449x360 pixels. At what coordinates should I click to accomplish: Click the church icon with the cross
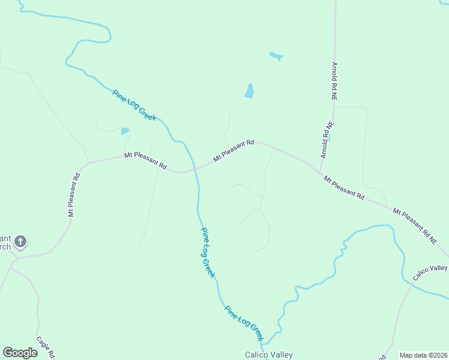click(20, 242)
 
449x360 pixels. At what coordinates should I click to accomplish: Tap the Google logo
click(20, 353)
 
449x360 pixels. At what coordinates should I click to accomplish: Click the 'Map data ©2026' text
click(424, 355)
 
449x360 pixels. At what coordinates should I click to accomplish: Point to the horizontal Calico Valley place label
click(268, 355)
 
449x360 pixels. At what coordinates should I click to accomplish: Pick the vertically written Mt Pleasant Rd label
click(74, 195)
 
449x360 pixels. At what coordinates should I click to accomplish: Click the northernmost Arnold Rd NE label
click(334, 80)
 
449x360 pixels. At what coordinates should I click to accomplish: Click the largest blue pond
click(249, 91)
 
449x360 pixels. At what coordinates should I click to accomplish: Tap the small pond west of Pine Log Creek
click(125, 131)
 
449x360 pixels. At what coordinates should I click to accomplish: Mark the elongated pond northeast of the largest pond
click(277, 56)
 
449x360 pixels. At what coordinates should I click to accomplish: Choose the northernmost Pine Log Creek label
click(134, 105)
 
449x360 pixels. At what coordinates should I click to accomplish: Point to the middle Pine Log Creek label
click(208, 252)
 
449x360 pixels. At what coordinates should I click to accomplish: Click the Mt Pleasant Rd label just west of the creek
click(145, 160)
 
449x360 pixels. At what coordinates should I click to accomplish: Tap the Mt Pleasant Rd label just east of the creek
click(234, 151)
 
